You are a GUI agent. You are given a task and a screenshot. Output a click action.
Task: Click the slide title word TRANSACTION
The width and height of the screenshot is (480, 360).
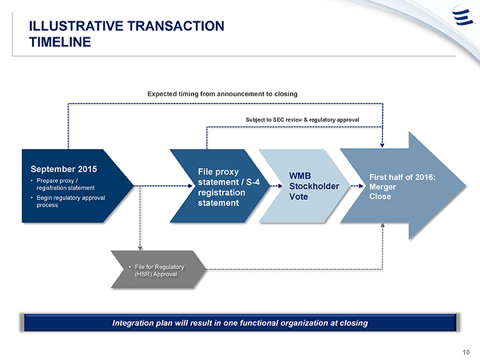[x=175, y=26]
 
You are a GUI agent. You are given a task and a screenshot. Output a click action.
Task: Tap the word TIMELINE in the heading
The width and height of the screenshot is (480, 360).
[x=60, y=42]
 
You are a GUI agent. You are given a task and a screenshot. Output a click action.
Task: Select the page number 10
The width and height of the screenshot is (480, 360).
[x=466, y=352]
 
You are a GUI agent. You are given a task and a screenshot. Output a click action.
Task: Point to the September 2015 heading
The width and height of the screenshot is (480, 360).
[x=64, y=169]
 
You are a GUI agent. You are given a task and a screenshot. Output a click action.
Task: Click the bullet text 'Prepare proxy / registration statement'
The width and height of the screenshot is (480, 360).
[x=65, y=184]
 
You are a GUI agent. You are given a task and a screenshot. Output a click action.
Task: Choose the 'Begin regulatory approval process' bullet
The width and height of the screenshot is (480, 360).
[x=71, y=201]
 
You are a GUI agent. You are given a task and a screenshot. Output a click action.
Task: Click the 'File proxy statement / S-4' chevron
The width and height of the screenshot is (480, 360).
[x=220, y=186]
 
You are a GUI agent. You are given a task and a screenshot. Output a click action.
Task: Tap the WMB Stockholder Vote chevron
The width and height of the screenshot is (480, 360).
[x=304, y=186]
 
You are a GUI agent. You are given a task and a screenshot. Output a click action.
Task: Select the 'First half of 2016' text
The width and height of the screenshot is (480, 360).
[x=402, y=177]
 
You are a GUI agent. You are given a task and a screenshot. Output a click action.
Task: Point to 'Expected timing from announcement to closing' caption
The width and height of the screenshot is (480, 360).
[x=222, y=94]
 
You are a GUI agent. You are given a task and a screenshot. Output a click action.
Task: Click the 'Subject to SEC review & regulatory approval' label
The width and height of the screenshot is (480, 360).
[x=302, y=120]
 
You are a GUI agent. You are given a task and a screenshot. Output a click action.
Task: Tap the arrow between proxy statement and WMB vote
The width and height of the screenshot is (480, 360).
[x=277, y=186]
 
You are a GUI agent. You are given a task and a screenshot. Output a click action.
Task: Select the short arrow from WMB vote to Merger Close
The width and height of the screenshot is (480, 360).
[x=357, y=186]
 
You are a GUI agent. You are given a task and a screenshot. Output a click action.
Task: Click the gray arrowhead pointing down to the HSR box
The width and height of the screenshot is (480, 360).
[x=140, y=248]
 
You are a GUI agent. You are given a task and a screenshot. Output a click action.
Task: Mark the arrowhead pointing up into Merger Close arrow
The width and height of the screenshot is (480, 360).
[x=383, y=225]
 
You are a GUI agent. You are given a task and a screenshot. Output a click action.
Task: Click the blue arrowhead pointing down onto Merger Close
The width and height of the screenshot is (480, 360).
[x=382, y=145]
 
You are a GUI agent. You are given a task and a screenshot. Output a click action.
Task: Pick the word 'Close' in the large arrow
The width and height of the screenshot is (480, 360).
[x=380, y=197]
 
